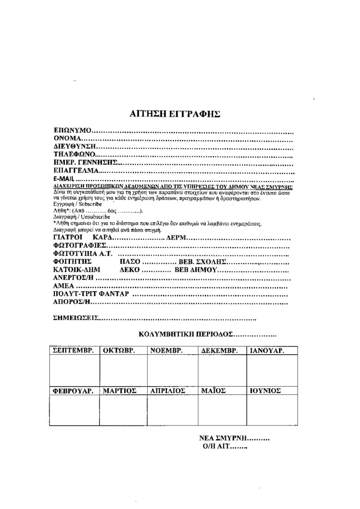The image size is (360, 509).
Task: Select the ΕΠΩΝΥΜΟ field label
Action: click(73, 131)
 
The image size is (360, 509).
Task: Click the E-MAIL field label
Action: click(64, 178)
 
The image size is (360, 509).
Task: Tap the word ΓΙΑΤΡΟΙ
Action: click(67, 238)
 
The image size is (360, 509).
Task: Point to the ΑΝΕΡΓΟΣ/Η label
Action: click(73, 278)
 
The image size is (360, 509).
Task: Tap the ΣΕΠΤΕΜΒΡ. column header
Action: click(74, 350)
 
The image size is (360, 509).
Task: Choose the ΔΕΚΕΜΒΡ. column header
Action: click(222, 350)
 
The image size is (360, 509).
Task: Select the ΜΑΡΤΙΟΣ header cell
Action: click(120, 391)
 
